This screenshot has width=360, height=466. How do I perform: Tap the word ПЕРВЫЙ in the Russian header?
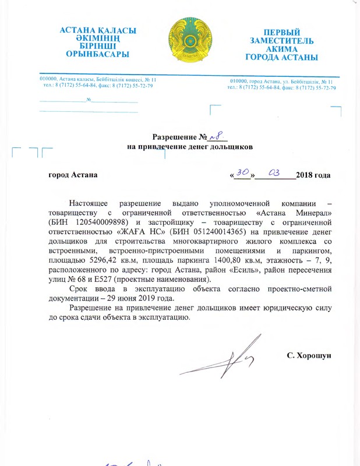click(x=282, y=32)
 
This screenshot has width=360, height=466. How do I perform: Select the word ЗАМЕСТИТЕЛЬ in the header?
click(x=282, y=41)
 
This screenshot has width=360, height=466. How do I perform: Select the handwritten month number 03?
click(x=275, y=173)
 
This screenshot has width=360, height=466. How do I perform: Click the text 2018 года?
click(x=313, y=175)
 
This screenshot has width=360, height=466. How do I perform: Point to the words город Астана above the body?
click(x=73, y=175)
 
